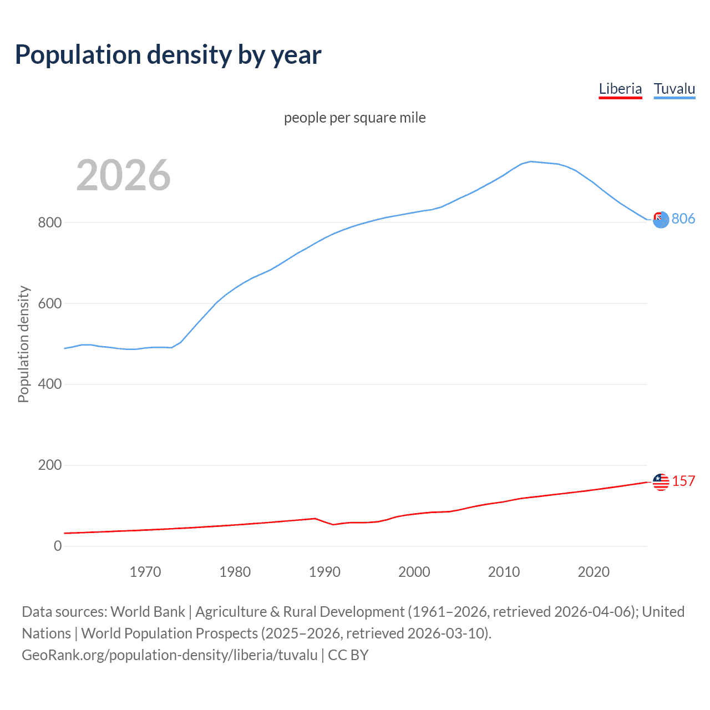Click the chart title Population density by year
pos(168,55)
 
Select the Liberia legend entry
pos(620,89)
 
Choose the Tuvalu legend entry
pos(674,89)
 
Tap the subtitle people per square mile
pos(354,118)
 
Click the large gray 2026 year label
pos(123,175)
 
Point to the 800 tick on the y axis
pos(49,222)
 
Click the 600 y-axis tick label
pos(49,303)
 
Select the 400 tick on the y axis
pos(49,384)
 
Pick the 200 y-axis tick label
pos(49,465)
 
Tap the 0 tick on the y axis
pos(58,546)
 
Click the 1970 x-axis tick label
pos(145,572)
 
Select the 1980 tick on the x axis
pos(235,572)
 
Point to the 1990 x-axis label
pos(324,572)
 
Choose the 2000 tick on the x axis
pos(414,572)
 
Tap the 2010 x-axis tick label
pos(504,572)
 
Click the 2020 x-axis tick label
pos(594,572)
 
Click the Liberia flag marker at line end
pos(661,482)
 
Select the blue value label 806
pos(683,219)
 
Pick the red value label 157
pos(683,481)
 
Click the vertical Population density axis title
pos(23,344)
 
